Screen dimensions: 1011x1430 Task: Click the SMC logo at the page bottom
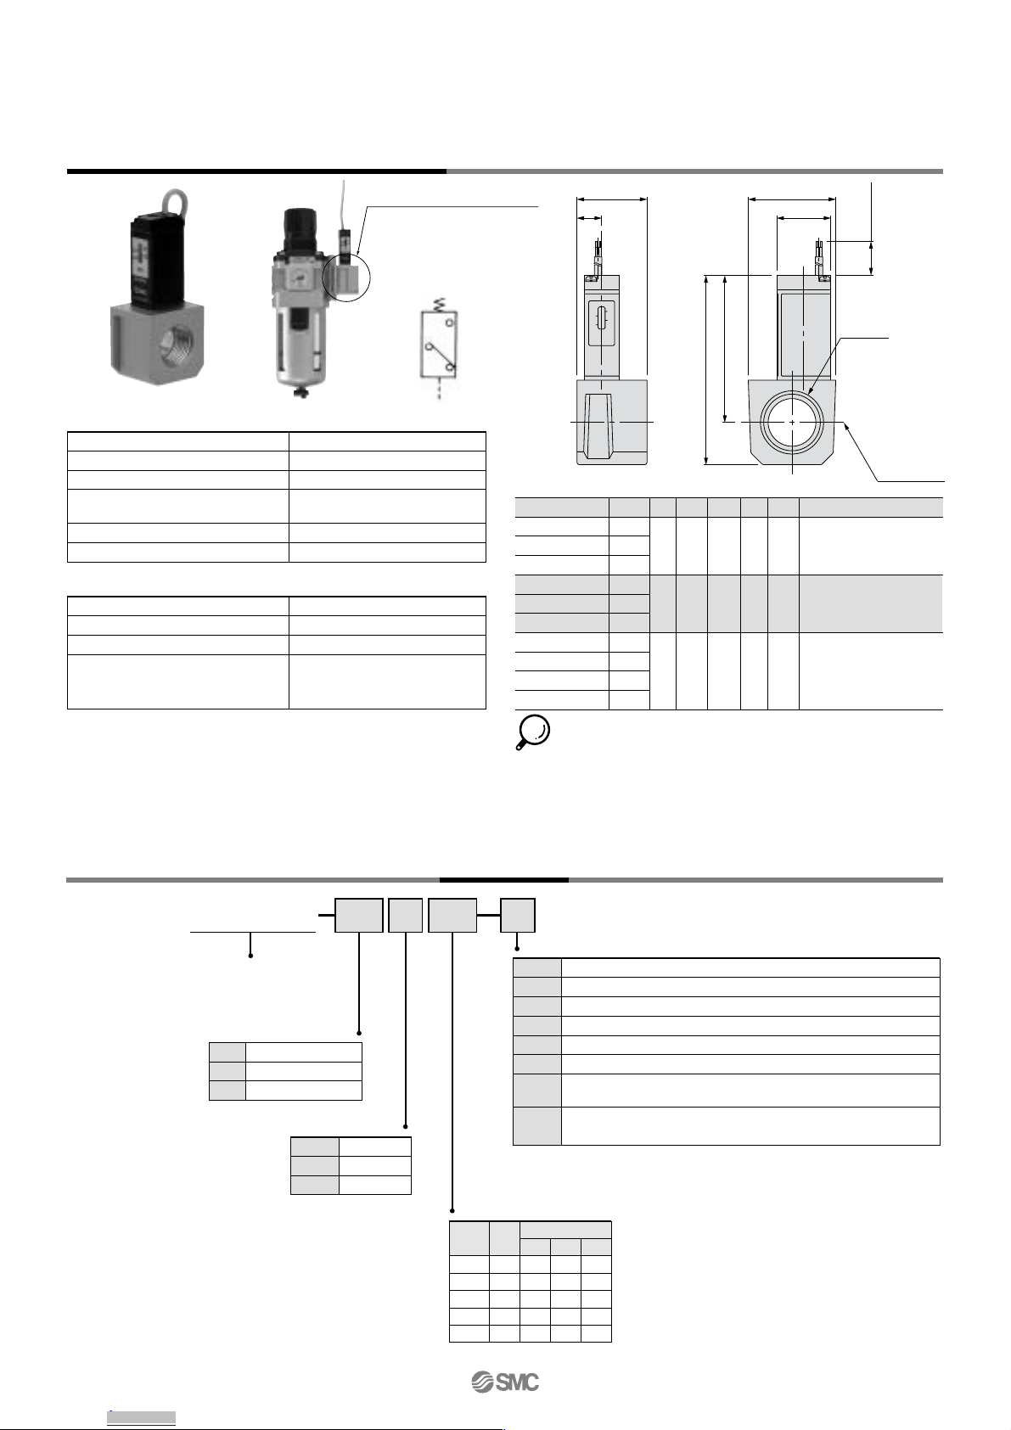(x=505, y=1382)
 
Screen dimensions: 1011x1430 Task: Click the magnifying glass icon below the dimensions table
(x=532, y=732)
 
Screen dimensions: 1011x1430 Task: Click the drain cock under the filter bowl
(x=300, y=391)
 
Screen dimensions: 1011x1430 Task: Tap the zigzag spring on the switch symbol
(x=439, y=303)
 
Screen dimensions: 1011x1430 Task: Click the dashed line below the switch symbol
(x=439, y=389)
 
